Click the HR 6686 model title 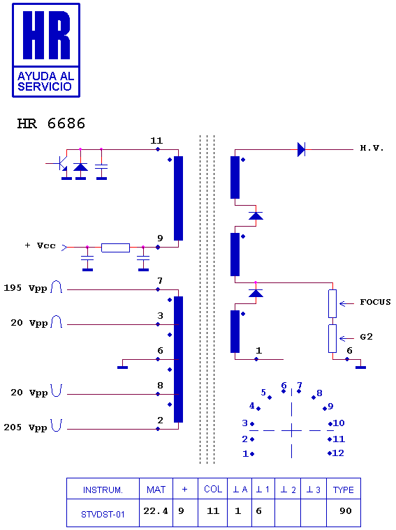(x=51, y=123)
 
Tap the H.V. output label (x=372, y=148)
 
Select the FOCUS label (x=375, y=302)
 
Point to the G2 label (x=366, y=337)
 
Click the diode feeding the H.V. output (x=301, y=149)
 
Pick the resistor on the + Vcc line (x=115, y=248)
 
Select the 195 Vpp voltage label (x=25, y=288)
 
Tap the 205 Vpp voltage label (x=25, y=427)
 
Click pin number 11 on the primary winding (x=156, y=140)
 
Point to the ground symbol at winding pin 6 (x=122, y=367)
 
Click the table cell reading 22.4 (x=156, y=510)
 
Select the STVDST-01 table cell (x=103, y=515)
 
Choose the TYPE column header (x=343, y=490)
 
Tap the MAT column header (x=156, y=490)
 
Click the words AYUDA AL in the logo (x=45, y=76)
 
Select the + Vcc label (x=41, y=245)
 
